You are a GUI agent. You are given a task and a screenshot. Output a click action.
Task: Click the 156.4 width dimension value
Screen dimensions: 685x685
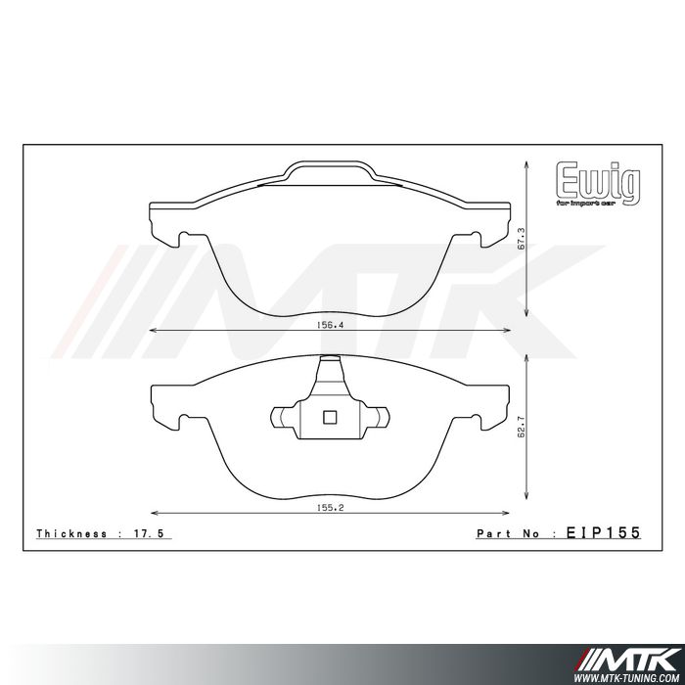click(x=329, y=327)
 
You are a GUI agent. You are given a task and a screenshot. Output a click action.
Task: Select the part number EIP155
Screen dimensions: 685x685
click(x=603, y=533)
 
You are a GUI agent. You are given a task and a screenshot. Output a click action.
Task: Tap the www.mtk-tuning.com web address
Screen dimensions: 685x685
click(x=626, y=674)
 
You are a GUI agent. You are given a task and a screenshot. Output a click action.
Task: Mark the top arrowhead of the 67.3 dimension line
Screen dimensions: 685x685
click(x=528, y=163)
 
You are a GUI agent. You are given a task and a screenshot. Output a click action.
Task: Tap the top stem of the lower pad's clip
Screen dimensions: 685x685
click(x=330, y=371)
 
